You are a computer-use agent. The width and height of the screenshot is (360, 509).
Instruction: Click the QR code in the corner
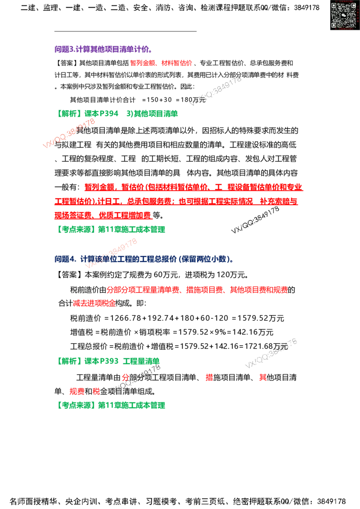(x=343, y=15)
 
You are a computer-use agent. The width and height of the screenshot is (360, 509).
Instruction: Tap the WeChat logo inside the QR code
(x=343, y=15)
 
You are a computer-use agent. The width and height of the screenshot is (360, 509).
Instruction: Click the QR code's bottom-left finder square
(x=334, y=25)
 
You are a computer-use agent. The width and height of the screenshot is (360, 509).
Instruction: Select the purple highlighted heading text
(x=102, y=49)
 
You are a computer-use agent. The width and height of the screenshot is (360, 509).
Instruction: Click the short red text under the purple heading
(x=162, y=63)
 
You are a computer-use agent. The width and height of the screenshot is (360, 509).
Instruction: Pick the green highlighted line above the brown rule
(x=118, y=113)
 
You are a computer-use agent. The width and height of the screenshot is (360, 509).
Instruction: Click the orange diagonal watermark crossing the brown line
(x=69, y=134)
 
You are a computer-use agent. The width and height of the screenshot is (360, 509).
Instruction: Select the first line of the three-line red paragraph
(x=193, y=187)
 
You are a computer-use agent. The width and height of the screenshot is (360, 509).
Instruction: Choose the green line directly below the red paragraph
(x=112, y=229)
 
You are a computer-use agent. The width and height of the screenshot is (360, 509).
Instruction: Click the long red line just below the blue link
(x=196, y=290)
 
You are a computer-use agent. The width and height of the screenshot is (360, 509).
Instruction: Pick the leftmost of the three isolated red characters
(x=126, y=377)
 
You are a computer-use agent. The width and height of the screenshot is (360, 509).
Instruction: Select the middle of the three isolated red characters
(x=209, y=377)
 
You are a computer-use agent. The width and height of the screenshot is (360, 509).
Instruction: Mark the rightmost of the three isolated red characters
(x=263, y=377)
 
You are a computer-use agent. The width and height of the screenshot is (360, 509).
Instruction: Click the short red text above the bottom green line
(x=85, y=392)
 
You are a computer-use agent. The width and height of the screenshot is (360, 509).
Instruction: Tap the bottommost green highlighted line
(x=112, y=405)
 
